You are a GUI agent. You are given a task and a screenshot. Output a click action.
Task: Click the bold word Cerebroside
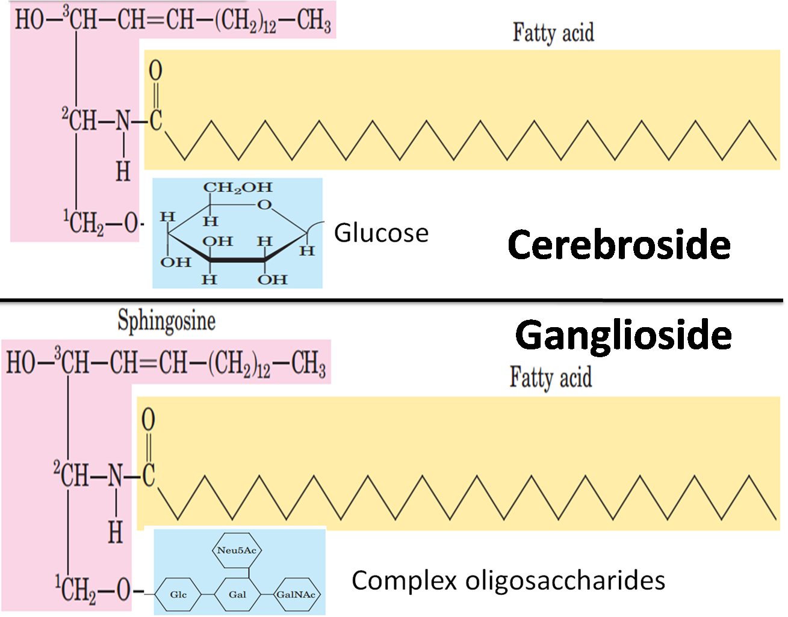(619, 245)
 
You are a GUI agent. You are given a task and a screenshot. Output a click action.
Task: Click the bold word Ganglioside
(623, 335)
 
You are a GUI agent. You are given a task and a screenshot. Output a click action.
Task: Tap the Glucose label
(381, 233)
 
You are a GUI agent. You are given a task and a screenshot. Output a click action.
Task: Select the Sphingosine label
(166, 321)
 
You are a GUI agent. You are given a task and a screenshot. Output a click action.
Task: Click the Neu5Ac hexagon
(238, 550)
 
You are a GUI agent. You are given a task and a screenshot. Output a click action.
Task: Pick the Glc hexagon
(178, 595)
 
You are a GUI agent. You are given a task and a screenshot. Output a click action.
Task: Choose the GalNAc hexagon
(296, 595)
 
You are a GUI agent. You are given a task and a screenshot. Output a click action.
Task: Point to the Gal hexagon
(237, 595)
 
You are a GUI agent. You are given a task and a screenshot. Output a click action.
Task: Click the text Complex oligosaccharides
(508, 580)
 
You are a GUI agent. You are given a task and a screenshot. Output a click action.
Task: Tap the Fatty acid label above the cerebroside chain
(553, 32)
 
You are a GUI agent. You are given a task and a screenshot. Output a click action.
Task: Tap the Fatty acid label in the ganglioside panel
(550, 378)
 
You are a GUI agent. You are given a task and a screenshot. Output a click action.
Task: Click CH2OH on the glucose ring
(237, 188)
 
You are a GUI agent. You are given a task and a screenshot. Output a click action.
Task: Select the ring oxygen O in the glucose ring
(264, 205)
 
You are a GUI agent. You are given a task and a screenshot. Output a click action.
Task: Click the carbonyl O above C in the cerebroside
(155, 71)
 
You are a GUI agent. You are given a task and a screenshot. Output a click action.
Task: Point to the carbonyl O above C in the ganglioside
(148, 420)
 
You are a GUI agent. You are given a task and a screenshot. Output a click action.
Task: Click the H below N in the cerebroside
(123, 172)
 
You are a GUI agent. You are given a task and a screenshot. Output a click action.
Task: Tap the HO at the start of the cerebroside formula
(29, 20)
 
